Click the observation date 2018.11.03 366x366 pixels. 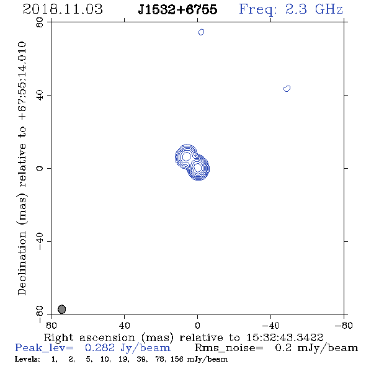pos(63,9)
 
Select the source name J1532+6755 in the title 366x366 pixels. pos(177,9)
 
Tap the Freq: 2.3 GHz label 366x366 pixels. pos(291,9)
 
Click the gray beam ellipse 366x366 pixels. pos(61,310)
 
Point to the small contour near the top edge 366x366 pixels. pos(201,32)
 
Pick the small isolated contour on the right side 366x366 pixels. pos(287,89)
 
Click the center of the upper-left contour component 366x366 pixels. pos(186,156)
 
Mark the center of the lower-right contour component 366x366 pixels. pos(198,167)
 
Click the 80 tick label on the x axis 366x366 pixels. pos(51,326)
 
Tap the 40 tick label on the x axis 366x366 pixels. pos(124,326)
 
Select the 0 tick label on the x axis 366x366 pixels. pos(197,326)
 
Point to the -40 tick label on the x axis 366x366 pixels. pos(270,326)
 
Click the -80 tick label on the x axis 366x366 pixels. pos(344,326)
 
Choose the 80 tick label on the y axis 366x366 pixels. pos(40,22)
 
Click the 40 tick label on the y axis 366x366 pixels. pos(40,95)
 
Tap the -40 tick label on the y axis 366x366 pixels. pos(40,241)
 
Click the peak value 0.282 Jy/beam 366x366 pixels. pos(128,348)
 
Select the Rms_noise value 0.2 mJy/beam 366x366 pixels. pos(316,348)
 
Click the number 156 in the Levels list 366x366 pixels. pos(177,359)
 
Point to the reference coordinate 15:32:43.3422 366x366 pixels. pos(285,337)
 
